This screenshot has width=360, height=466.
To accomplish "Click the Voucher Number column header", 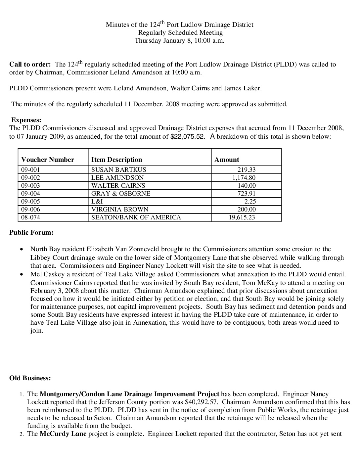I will [x=48, y=160].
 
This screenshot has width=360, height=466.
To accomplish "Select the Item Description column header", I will [x=116, y=160].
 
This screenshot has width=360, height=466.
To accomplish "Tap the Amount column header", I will [x=227, y=160].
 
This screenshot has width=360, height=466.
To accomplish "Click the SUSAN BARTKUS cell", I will [x=118, y=170].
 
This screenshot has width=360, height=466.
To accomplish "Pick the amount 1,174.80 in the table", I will [x=244, y=178].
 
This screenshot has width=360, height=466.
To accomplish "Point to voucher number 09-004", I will [x=30, y=194].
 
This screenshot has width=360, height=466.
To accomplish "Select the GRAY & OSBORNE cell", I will [x=121, y=194].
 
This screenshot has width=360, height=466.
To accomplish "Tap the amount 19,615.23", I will [x=242, y=217].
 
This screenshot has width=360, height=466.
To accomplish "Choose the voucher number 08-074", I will [x=30, y=217].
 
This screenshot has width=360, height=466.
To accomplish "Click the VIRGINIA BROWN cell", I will [x=120, y=210].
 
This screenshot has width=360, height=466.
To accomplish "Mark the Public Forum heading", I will [x=31, y=232].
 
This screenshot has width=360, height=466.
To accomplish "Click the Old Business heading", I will [x=30, y=378].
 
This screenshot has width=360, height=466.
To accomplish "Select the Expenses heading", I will [x=26, y=120].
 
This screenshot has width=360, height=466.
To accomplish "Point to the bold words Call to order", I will [x=30, y=65].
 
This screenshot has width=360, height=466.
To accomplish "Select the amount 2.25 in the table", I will [x=250, y=202].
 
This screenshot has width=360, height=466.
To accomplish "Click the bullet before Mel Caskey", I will [x=22, y=275].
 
